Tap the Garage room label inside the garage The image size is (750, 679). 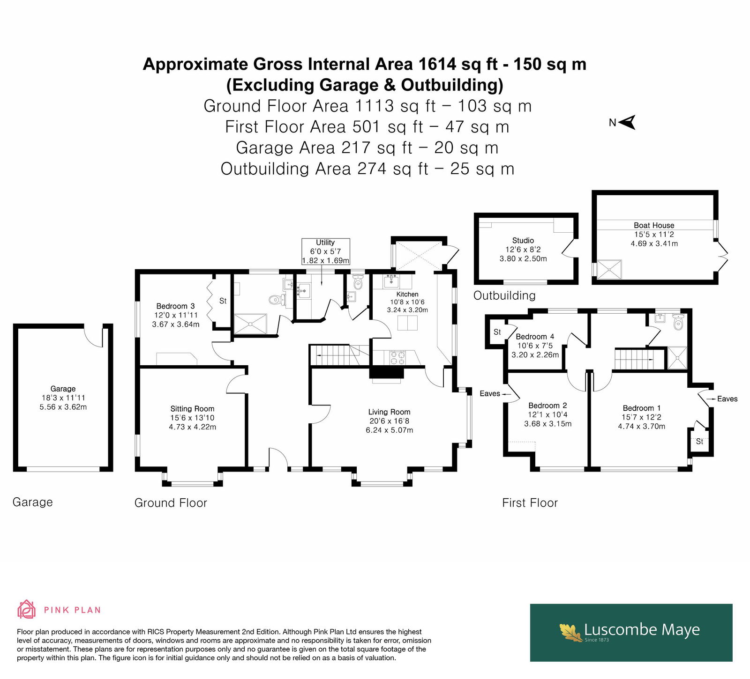tap(63, 389)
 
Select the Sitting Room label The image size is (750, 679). tap(192, 409)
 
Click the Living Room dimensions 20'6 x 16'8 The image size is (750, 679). tap(389, 421)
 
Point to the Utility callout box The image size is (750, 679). tap(325, 251)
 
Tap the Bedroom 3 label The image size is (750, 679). tap(175, 306)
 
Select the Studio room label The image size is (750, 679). tap(523, 240)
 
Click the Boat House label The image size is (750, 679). tap(654, 225)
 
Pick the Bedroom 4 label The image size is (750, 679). tap(535, 337)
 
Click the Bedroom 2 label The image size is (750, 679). tap(547, 406)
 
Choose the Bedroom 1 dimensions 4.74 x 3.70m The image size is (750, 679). tap(641, 426)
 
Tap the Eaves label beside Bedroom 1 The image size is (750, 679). tap(727, 399)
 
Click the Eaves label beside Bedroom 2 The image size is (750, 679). tap(490, 394)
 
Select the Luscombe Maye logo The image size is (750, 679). tap(631, 633)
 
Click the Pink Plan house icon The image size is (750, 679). tap(26, 609)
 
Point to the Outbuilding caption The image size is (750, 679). tap(504, 295)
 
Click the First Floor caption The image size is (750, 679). tap(530, 503)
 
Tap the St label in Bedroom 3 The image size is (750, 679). tap(223, 301)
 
